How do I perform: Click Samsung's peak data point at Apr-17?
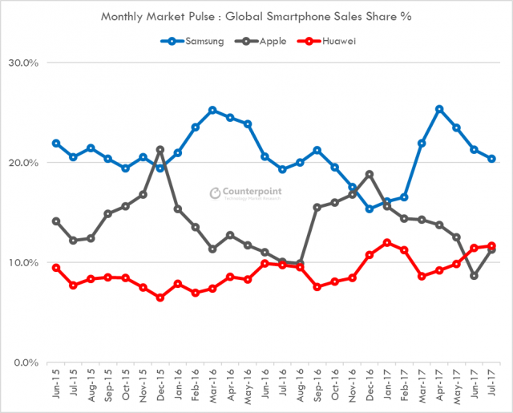[x=439, y=109]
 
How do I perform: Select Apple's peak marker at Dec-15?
[x=160, y=150]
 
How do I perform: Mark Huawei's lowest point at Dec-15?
[x=160, y=298]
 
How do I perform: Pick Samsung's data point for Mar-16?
[x=212, y=110]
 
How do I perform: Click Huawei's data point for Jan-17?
[x=387, y=243]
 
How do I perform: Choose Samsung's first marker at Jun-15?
[x=56, y=144]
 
